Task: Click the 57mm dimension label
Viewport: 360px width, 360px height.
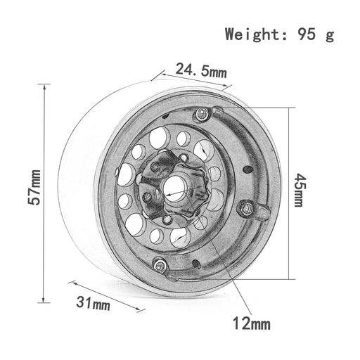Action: click(34, 187)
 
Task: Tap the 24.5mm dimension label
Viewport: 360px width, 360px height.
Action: click(201, 70)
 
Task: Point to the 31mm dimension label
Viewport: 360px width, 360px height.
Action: click(93, 303)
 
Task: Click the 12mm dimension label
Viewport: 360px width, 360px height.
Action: click(252, 323)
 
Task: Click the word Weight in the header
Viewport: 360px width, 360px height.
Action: click(253, 34)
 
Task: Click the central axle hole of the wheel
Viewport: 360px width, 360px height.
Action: click(174, 189)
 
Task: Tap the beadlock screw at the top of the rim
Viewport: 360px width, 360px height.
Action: click(201, 114)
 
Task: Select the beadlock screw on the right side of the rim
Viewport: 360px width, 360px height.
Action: click(246, 208)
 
